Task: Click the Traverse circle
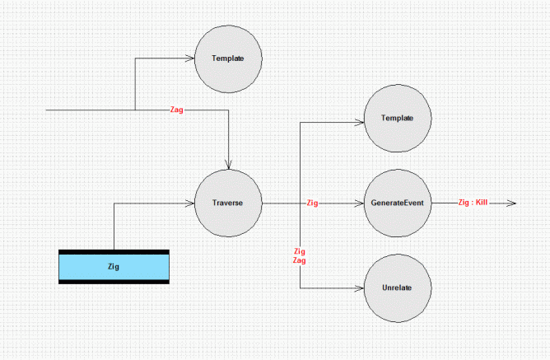click(x=228, y=203)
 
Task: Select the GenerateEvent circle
click(x=398, y=203)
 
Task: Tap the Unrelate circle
click(x=398, y=288)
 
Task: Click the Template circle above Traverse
click(x=228, y=58)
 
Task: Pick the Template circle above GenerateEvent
click(x=398, y=119)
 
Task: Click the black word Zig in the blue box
click(x=114, y=267)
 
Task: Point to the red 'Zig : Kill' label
click(x=473, y=203)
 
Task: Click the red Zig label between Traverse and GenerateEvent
click(x=312, y=203)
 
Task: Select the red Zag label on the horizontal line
click(x=176, y=110)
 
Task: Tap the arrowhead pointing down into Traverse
click(x=229, y=165)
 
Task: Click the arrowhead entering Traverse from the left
click(x=189, y=203)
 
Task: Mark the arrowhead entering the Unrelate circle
click(x=359, y=288)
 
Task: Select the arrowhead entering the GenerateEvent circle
click(x=359, y=203)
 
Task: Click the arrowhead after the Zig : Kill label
click(x=511, y=203)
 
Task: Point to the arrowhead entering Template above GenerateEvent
click(x=360, y=123)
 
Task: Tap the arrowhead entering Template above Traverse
click(x=189, y=58)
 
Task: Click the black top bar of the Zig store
click(x=114, y=252)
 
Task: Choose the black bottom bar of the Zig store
click(x=114, y=282)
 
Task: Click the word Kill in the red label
click(x=482, y=203)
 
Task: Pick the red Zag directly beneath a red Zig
click(x=299, y=260)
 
